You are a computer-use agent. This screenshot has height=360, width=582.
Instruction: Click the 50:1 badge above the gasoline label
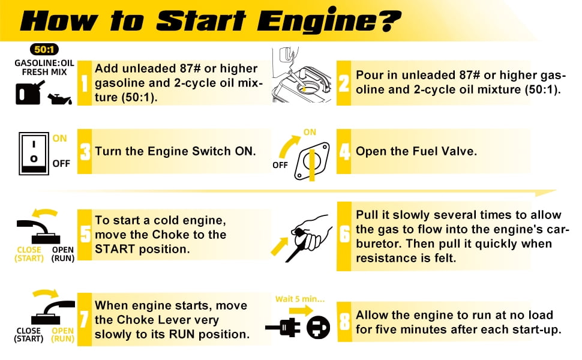click(44, 49)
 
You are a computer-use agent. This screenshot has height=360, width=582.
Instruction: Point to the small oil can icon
click(59, 99)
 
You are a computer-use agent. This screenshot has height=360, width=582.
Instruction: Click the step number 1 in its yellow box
click(85, 83)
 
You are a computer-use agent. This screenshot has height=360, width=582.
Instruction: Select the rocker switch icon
click(34, 153)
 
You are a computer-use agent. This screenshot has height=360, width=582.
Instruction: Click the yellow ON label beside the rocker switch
click(60, 139)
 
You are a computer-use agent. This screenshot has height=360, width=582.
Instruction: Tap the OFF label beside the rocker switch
click(61, 163)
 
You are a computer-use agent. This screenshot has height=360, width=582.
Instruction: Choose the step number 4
click(344, 151)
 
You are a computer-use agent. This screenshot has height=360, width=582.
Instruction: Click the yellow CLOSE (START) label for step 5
click(29, 254)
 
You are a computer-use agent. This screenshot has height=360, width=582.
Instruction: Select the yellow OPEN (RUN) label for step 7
click(63, 334)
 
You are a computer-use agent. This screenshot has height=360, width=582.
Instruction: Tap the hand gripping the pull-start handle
click(313, 232)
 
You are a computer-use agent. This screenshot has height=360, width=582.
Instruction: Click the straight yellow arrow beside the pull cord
click(280, 246)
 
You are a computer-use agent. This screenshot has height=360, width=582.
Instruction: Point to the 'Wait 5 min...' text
click(300, 299)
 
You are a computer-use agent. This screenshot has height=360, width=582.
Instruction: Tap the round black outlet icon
click(319, 328)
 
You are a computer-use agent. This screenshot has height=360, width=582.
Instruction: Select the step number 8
click(344, 322)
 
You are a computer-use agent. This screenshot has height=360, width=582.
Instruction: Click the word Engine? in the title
click(328, 20)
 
